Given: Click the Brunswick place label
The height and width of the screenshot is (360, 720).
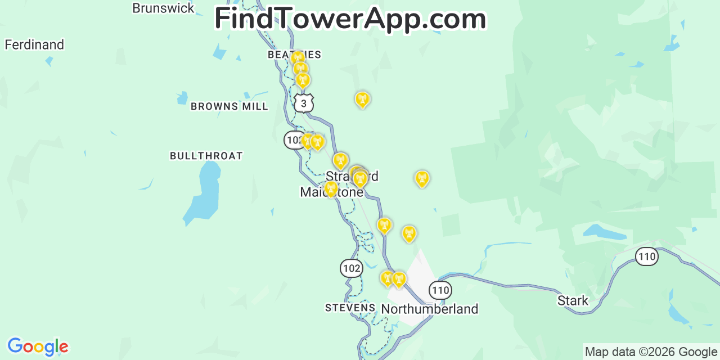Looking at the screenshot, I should click(163, 8).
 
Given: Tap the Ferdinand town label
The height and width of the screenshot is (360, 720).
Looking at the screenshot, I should click(34, 44).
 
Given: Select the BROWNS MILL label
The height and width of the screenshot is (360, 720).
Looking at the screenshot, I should click(229, 106).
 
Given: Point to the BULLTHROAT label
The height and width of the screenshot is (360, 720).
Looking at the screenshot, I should click(206, 156).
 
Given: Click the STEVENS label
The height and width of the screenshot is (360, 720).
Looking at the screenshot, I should click(350, 308).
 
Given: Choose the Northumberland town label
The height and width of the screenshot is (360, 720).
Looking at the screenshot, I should click(429, 309).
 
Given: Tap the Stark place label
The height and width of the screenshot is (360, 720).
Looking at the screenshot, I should click(573, 300).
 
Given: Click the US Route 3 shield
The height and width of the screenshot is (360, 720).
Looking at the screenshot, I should click(303, 103).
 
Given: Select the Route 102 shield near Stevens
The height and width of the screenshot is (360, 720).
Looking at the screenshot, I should click(351, 268).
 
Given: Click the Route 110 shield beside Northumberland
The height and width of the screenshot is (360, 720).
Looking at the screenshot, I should click(440, 290).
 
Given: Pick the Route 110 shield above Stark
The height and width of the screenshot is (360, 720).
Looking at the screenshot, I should click(647, 257).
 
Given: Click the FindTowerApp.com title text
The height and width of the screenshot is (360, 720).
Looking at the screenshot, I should click(350, 19).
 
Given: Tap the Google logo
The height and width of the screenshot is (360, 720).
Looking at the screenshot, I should click(38, 346).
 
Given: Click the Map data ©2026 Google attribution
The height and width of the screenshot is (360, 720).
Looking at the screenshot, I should click(651, 352).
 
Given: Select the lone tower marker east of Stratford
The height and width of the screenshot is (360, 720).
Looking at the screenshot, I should click(422, 178).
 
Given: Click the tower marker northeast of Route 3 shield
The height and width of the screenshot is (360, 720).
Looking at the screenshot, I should click(362, 99).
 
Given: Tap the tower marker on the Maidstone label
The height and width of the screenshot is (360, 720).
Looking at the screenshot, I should click(331, 188).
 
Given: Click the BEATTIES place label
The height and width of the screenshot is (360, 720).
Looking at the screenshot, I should click(294, 55).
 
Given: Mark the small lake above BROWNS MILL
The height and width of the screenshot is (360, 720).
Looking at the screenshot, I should click(182, 98).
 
